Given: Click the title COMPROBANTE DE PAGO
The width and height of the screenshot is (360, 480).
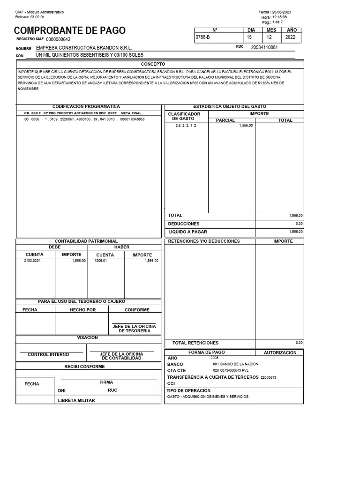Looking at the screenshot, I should [x=70, y=31].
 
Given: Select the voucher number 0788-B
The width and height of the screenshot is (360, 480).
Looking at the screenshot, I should [x=202, y=37].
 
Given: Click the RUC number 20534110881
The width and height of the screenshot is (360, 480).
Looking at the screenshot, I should [x=264, y=47].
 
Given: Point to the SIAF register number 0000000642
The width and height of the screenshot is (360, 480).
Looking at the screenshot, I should [x=58, y=40].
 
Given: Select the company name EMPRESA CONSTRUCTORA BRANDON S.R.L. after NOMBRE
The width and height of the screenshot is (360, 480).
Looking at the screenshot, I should [x=84, y=48].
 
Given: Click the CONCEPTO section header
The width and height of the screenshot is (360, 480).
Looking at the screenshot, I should [x=153, y=63].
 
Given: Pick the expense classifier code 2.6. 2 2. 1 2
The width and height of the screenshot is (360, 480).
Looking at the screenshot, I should [x=186, y=126].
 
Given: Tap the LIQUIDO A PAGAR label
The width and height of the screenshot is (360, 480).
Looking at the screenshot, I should [x=187, y=232].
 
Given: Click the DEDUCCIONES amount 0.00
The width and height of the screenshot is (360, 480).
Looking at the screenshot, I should [x=299, y=224].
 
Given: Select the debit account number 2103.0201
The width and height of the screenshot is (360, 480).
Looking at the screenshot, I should [x=32, y=261].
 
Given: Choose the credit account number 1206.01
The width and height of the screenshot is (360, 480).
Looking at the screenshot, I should [x=101, y=261].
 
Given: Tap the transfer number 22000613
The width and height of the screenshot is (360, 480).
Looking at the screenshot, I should [x=268, y=377].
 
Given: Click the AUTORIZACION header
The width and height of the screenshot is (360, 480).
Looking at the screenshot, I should [x=280, y=352].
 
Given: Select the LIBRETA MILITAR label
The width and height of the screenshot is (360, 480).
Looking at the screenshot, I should [x=76, y=401].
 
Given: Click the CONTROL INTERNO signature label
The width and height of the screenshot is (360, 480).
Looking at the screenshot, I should [x=48, y=355].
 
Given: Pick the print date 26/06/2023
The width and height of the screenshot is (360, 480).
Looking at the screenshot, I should [x=282, y=12].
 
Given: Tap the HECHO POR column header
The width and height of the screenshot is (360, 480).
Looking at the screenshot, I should [x=82, y=310].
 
